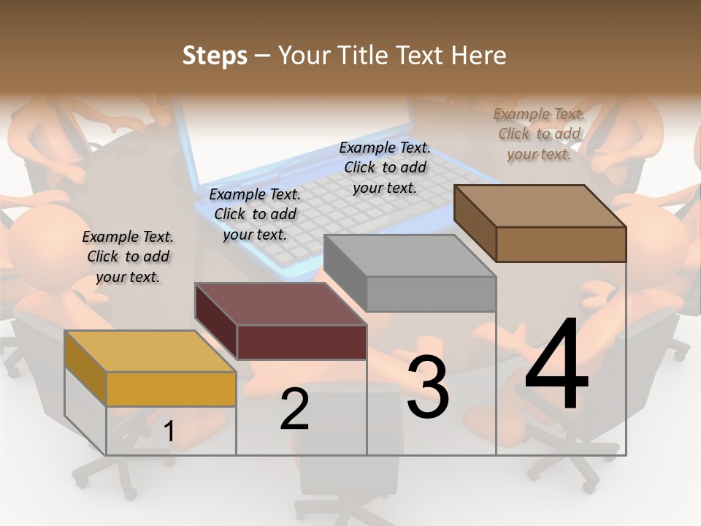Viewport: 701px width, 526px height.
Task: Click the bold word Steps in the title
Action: (215, 56)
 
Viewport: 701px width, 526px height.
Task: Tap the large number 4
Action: (556, 365)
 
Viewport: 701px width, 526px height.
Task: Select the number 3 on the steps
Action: (427, 387)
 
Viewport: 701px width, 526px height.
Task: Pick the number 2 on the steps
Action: (294, 409)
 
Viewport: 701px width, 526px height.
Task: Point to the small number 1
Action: (169, 432)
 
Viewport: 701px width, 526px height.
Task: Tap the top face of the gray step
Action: (410, 256)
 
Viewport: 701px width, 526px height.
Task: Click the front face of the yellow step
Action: (171, 389)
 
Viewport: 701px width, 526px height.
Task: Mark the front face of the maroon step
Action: (302, 342)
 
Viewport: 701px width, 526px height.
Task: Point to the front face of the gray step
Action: (431, 294)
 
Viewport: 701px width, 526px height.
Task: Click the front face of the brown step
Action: (561, 244)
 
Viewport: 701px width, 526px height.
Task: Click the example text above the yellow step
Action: (128, 256)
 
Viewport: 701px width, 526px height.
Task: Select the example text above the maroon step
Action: (255, 214)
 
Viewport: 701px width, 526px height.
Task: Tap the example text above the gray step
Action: (385, 167)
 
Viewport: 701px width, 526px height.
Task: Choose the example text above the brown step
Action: (540, 134)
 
